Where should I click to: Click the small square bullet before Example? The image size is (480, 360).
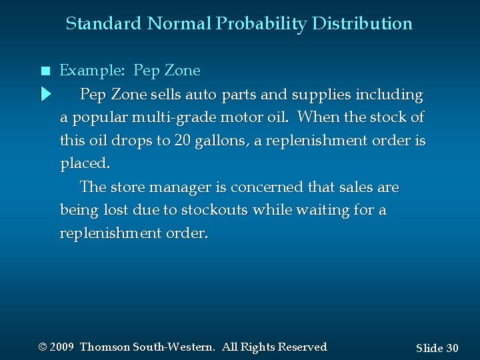coord(45,71)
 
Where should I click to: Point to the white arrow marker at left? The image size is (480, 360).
coord(45,94)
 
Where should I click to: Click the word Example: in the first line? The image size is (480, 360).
coord(94,70)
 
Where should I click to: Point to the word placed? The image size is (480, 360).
coord(85,164)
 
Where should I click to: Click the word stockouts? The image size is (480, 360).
coord(213,211)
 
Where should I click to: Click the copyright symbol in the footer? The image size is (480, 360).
coord(43,347)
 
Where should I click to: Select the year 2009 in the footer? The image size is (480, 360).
coord(62,347)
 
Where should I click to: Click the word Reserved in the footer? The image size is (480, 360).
coord(301,347)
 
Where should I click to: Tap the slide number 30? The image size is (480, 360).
coord(452,348)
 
